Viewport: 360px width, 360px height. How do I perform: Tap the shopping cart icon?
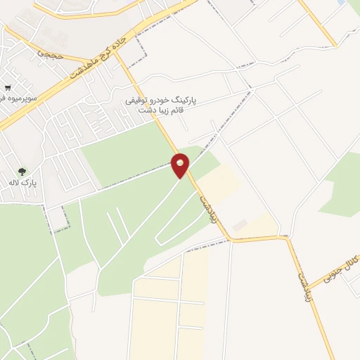coord(7,88)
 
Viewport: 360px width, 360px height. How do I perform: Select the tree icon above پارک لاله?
coord(22,171)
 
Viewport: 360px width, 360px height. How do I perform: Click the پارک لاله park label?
coord(22,183)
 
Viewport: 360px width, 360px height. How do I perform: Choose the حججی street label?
coord(51,52)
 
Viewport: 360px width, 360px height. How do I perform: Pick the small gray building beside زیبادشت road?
coord(240,225)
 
